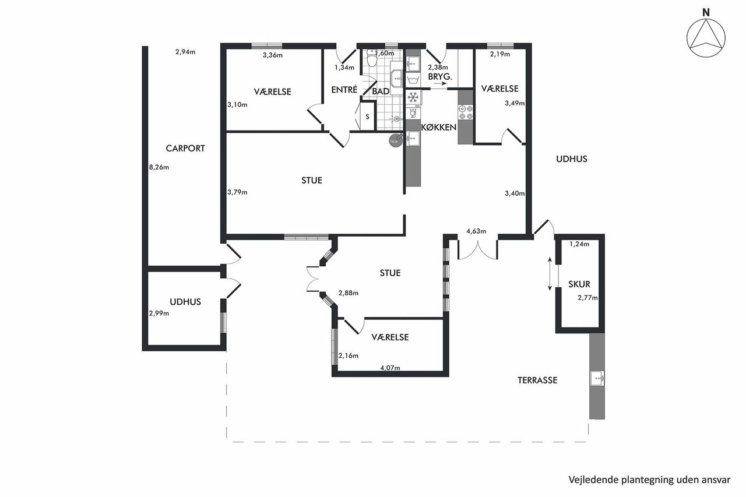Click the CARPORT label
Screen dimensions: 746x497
click(185, 149)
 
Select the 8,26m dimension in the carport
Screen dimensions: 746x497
click(159, 167)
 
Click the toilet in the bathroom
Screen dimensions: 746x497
click(371, 59)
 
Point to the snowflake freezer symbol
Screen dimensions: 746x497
click(413, 97)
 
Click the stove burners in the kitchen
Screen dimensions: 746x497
click(466, 112)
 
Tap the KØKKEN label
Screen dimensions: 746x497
click(439, 128)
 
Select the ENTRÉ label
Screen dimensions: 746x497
click(344, 90)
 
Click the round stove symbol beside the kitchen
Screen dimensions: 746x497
click(395, 140)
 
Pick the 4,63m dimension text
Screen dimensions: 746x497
click(476, 231)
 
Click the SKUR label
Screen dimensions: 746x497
click(579, 284)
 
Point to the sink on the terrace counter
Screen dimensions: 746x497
click(597, 378)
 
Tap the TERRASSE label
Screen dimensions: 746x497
click(537, 380)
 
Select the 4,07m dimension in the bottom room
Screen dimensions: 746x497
click(390, 368)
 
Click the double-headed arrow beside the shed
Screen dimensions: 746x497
click(550, 274)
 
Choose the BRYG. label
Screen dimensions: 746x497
click(440, 77)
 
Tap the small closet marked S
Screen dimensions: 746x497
click(367, 117)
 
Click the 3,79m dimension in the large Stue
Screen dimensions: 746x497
click(237, 192)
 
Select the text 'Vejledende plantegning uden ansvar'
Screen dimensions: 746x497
click(649, 480)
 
